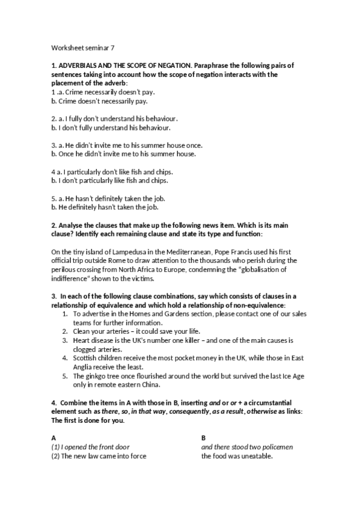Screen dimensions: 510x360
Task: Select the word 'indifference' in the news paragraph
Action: coord(69,278)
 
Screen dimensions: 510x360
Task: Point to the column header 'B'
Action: coord(204,437)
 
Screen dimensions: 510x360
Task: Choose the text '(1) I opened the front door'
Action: coord(91,446)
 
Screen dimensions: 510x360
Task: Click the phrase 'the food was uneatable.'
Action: coord(237,455)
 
